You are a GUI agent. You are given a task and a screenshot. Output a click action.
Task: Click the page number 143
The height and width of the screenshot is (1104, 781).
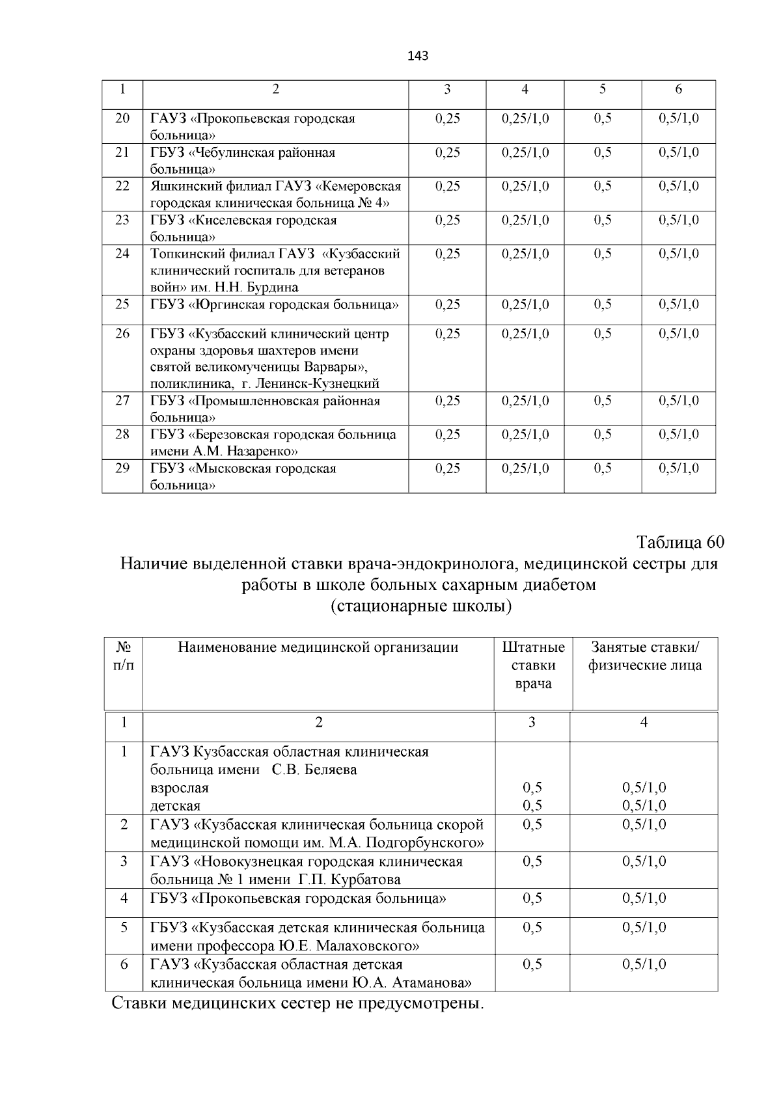[418, 56]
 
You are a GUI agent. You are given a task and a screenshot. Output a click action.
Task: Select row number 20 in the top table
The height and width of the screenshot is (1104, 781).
[122, 118]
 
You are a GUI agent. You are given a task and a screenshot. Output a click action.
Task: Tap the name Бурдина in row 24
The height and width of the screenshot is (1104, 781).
[275, 288]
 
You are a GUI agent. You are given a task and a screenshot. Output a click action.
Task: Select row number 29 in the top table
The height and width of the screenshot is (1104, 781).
[122, 468]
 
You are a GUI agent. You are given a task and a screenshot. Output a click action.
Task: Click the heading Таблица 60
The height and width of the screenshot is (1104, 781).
[680, 542]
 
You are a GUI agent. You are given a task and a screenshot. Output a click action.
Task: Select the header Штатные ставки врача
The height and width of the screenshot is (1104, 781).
[533, 666]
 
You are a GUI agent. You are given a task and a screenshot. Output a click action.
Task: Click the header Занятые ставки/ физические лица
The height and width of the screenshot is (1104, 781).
[644, 656]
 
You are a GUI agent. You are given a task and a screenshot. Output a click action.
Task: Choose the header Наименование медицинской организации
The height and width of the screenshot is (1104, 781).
[318, 647]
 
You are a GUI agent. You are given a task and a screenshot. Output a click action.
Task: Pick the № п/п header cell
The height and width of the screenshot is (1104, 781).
[123, 656]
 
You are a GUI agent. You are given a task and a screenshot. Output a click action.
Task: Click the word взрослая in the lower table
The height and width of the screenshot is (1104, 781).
[180, 788]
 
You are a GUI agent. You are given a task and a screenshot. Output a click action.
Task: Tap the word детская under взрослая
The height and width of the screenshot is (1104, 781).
[176, 806]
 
